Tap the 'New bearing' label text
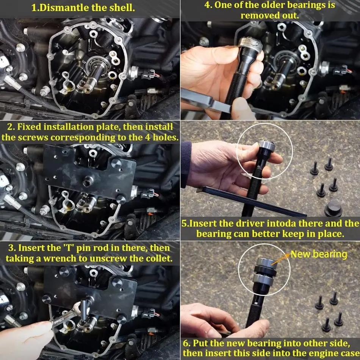pos(319,254)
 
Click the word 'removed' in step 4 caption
pos(258,16)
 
